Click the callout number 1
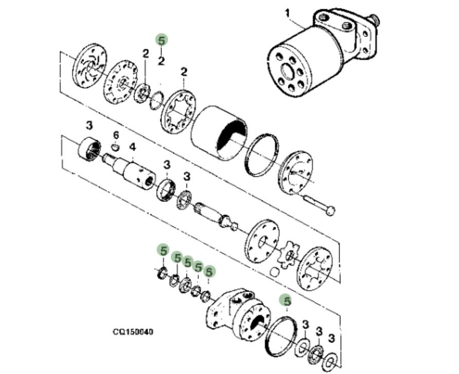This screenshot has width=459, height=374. (x=288, y=12)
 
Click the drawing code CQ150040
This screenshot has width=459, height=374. (x=133, y=332)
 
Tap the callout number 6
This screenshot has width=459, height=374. (x=116, y=134)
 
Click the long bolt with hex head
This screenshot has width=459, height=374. (x=319, y=204)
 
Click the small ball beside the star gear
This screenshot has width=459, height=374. (x=274, y=271)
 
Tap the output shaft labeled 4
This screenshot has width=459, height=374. (x=133, y=172)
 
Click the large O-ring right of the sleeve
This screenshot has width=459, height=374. (x=263, y=153)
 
